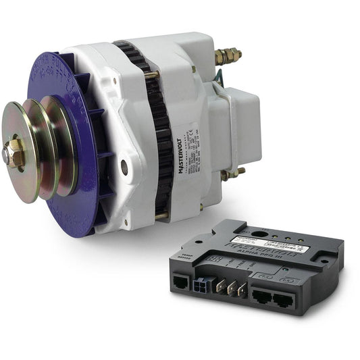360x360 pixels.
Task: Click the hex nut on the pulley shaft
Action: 16,155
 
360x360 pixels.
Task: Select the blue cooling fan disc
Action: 74,135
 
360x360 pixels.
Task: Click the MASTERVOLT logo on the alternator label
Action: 183,146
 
